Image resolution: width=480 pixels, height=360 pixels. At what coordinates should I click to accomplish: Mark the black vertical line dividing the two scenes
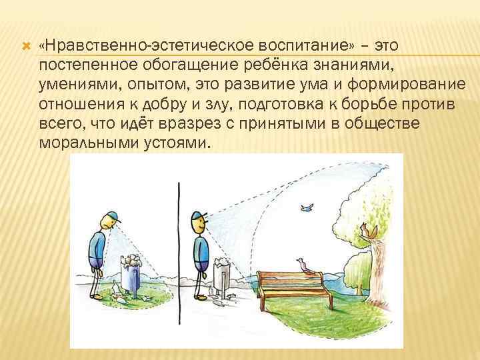pos(179,253)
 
